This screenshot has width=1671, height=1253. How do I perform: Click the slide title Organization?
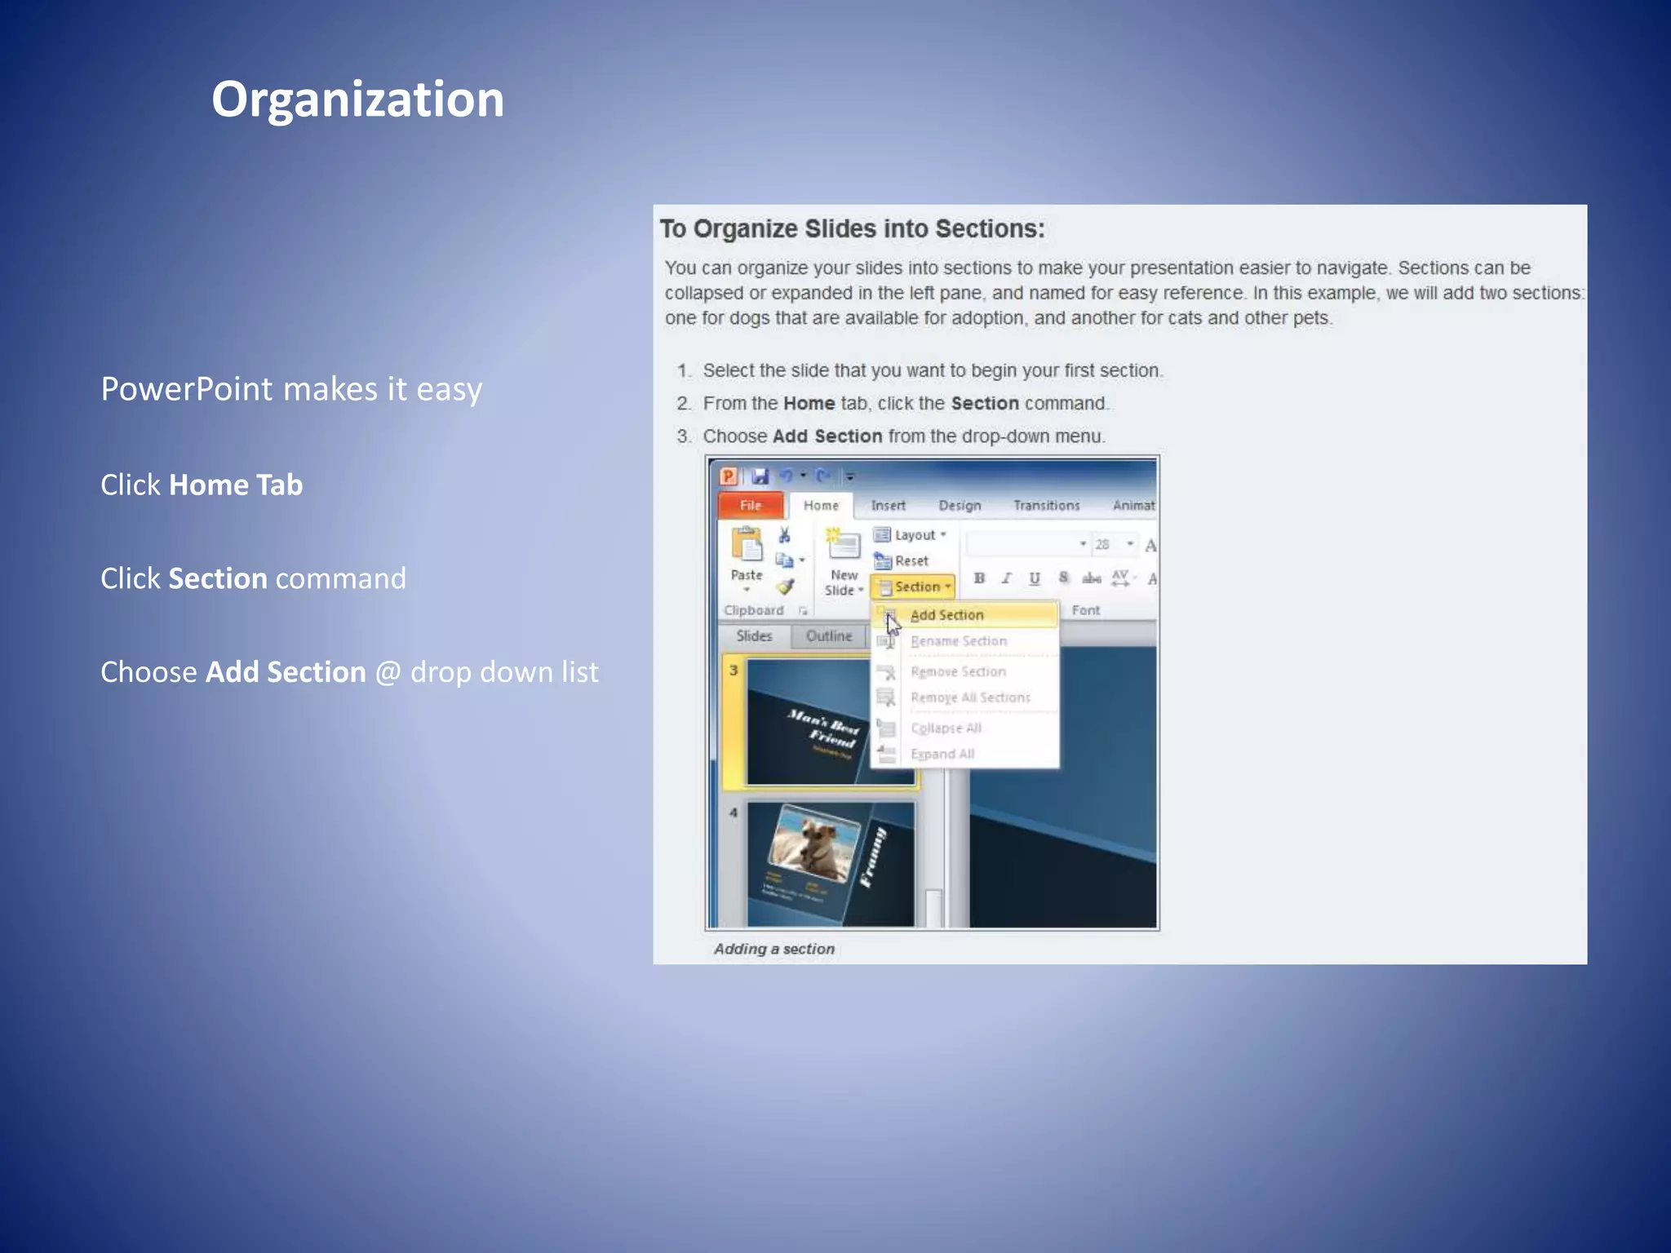(357, 100)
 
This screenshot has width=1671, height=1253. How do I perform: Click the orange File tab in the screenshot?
(750, 505)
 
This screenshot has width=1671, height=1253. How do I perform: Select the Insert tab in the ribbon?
(888, 506)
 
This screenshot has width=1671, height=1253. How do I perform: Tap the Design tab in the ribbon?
(960, 506)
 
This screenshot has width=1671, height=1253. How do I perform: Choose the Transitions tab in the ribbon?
(1046, 506)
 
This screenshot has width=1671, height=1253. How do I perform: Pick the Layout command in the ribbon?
(911, 535)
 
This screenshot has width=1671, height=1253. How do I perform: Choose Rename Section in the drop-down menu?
(959, 641)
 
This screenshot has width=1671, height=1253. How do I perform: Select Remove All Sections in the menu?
(970, 697)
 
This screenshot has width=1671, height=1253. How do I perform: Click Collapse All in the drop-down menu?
(946, 728)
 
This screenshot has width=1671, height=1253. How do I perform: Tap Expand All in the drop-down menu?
(942, 754)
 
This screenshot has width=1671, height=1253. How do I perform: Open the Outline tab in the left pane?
(828, 636)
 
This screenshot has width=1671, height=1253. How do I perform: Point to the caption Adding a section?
(773, 949)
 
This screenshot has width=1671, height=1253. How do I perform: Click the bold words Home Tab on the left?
(236, 485)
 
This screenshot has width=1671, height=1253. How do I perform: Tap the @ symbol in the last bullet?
(388, 673)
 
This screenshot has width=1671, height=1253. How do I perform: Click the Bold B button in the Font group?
(979, 578)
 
